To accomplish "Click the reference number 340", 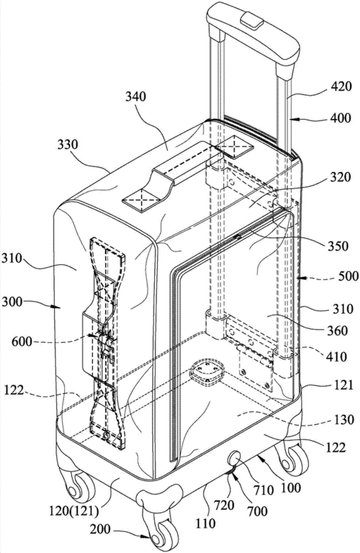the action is (135, 96).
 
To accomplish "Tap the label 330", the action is (68, 145).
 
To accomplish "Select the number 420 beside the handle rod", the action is (341, 86).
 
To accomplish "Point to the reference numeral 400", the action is (341, 118).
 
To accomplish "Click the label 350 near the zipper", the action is (337, 246).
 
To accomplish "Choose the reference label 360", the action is (337, 331).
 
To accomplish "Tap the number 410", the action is (336, 357).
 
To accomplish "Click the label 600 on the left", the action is (22, 341).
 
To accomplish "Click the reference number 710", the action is (262, 490).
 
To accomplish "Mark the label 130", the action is (343, 420).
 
